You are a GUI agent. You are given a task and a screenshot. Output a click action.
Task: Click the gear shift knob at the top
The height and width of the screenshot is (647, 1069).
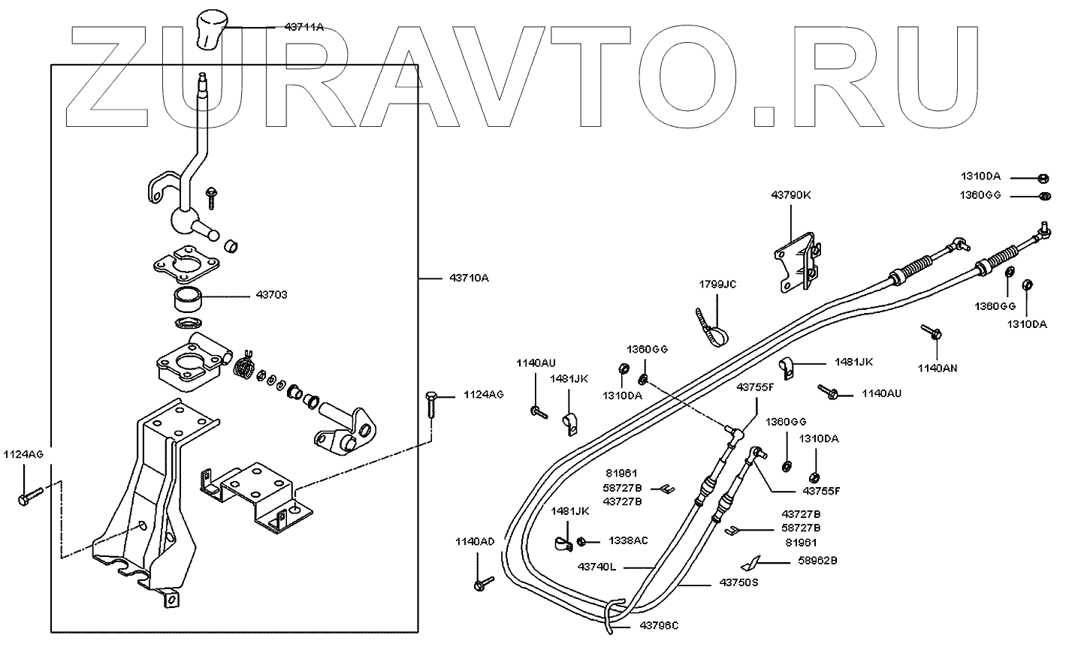211,29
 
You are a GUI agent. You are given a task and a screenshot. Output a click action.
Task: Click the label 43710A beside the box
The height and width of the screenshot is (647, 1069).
469,278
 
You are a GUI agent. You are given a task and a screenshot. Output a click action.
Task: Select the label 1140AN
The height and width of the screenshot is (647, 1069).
938,369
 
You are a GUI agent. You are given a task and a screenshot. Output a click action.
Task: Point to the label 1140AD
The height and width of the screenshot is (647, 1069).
475,541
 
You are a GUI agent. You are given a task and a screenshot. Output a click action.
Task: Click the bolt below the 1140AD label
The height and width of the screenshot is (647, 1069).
482,582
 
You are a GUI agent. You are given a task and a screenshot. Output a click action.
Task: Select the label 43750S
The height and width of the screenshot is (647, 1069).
738,582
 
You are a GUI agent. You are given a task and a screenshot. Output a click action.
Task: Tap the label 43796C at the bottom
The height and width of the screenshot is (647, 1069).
660,624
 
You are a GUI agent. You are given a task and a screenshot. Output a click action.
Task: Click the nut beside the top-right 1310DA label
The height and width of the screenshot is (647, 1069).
1043,179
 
